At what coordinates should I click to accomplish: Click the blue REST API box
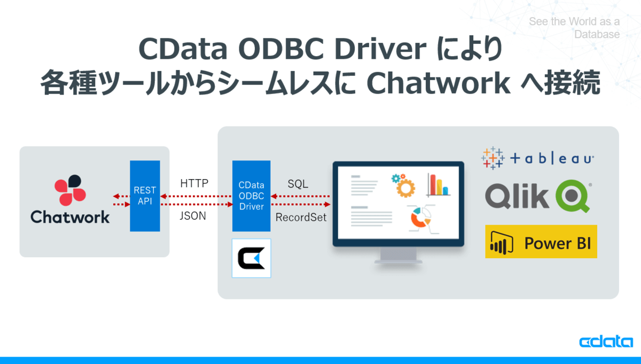coord(145,196)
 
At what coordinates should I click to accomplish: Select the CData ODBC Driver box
coord(251,196)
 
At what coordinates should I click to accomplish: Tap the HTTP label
coord(194,183)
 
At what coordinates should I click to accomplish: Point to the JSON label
coord(193,215)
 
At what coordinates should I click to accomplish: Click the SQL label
coord(298,184)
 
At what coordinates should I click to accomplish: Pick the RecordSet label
coord(301,218)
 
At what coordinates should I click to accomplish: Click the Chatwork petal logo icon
coord(70,190)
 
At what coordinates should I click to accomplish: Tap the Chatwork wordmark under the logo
coord(70,217)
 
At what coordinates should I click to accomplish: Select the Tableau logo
coord(538,158)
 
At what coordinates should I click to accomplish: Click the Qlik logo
coord(538,196)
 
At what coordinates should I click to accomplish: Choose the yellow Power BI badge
coord(541,242)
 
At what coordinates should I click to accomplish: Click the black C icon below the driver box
coord(251,258)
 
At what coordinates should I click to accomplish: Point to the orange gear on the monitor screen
coord(405,188)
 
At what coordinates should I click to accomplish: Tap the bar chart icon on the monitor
coord(439,185)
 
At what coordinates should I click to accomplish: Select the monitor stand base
coord(398,261)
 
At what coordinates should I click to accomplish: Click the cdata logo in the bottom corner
coord(606,341)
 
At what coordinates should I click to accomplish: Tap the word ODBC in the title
coord(283,49)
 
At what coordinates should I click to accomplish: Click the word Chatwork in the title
coord(439,83)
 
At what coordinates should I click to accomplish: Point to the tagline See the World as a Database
coord(574,28)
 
